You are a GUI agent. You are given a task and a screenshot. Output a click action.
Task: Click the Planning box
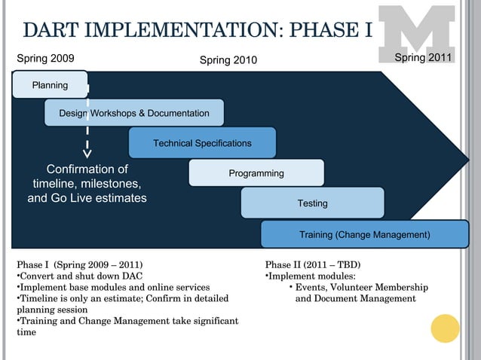(x=50, y=85)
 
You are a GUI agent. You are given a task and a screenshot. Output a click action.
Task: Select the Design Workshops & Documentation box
(x=134, y=113)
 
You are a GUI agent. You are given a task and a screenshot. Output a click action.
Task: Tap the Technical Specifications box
(x=202, y=143)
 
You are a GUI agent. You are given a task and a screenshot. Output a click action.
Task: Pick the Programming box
(x=256, y=173)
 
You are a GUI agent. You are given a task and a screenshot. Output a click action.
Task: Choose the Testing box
(x=312, y=203)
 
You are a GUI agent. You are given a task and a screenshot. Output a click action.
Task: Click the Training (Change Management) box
(x=365, y=235)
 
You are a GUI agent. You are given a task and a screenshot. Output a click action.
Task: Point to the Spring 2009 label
(x=45, y=58)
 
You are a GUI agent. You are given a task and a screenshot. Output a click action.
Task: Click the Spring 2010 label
(x=228, y=60)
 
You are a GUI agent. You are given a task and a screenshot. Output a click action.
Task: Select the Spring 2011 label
(x=423, y=58)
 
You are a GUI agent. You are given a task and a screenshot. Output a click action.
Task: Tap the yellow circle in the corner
(x=445, y=328)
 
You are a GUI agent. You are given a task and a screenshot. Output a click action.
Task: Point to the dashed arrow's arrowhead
(x=87, y=154)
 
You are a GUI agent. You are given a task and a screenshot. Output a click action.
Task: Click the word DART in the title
(x=54, y=30)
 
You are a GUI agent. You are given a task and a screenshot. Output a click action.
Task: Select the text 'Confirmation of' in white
(x=87, y=169)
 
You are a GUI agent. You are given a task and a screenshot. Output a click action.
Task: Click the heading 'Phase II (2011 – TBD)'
(x=313, y=265)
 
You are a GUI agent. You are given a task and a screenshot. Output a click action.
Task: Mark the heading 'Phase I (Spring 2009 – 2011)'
(x=79, y=265)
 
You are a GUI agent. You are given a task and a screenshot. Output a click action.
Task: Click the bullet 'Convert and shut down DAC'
(x=80, y=276)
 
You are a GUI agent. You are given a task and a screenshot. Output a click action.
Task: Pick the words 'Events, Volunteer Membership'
(x=361, y=288)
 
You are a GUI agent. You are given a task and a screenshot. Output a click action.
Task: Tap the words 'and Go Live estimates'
(x=87, y=199)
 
